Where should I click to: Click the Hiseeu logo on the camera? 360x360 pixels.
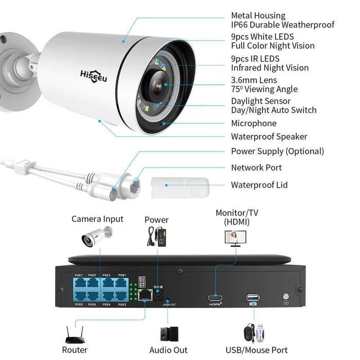pyautogui.click(x=93, y=73)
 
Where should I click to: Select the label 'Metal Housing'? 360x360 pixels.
pyautogui.click(x=258, y=16)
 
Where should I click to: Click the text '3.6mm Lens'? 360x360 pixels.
pyautogui.click(x=254, y=80)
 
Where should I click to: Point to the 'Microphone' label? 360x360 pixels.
pyautogui.click(x=254, y=123)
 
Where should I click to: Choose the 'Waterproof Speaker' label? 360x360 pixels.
pyautogui.click(x=269, y=137)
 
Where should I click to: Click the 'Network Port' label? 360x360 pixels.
pyautogui.click(x=256, y=168)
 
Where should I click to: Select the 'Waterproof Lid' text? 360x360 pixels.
pyautogui.click(x=259, y=185)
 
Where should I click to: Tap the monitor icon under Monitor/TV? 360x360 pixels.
pyautogui.click(x=235, y=237)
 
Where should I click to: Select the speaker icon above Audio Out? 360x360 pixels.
pyautogui.click(x=169, y=334)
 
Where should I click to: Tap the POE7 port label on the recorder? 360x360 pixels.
pyautogui.click(x=78, y=276)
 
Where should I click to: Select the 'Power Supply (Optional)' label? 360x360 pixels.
pyautogui.click(x=277, y=151)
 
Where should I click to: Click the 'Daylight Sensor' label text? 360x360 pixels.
pyautogui.click(x=261, y=101)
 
